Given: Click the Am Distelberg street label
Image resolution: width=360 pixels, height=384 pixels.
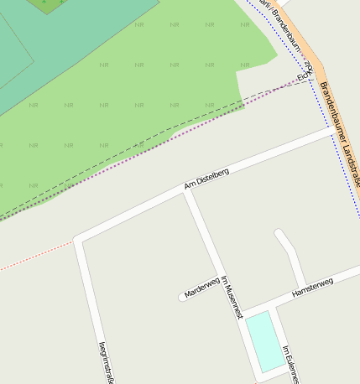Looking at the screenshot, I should click(206, 178).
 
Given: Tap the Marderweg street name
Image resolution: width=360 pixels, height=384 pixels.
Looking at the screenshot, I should click(201, 288).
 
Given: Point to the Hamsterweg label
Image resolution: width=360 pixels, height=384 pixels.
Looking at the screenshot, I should click(312, 288).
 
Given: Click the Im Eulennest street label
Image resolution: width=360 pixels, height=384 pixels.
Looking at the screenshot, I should click(290, 363).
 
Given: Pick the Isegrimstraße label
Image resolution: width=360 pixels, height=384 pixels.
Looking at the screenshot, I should click(104, 361).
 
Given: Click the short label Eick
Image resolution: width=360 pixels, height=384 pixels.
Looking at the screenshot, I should click(304, 75).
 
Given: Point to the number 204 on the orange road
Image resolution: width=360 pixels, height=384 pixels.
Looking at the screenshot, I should click(308, 65).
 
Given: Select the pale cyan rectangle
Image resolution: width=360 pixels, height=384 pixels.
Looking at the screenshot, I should click(264, 340).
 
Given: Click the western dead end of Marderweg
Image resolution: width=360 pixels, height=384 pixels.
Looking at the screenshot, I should click(182, 297).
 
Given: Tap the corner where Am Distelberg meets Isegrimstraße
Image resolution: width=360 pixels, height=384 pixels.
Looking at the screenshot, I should click(78, 240).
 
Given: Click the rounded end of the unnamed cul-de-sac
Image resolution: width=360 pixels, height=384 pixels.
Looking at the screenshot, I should click(279, 234).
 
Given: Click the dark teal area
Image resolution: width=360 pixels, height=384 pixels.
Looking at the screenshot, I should click(50, 50).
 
